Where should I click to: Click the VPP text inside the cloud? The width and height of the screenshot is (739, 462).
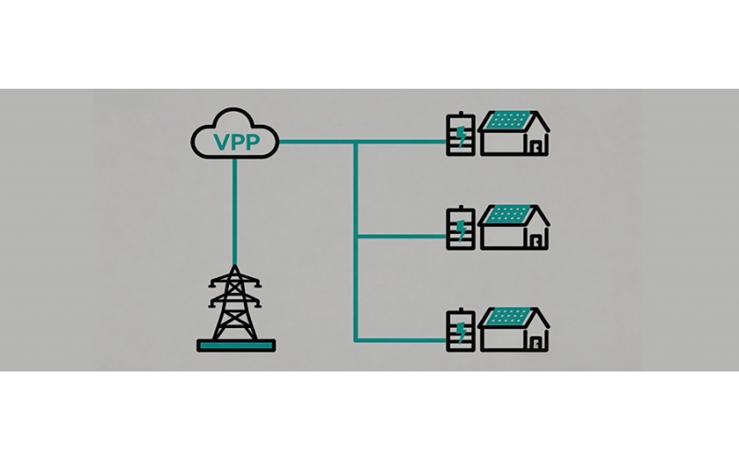pyautogui.click(x=236, y=142)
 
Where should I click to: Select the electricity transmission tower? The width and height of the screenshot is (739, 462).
pyautogui.click(x=236, y=303)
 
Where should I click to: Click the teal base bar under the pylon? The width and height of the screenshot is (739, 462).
pyautogui.click(x=236, y=346)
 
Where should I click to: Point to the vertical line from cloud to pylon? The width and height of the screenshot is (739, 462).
pyautogui.click(x=235, y=212)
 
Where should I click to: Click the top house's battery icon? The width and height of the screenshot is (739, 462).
pyautogui.click(x=460, y=134)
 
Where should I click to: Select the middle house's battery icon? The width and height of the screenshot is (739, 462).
pyautogui.click(x=460, y=227)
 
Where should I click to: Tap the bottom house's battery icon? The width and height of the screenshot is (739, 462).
pyautogui.click(x=460, y=330)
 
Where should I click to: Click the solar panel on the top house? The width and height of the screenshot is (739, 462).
pyautogui.click(x=508, y=120)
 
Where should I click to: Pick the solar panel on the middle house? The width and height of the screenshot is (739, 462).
pyautogui.click(x=508, y=214)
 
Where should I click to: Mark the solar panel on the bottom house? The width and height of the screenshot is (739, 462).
pyautogui.click(x=508, y=316)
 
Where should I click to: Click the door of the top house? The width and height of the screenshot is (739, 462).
pyautogui.click(x=536, y=147)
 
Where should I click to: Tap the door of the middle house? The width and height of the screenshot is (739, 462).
pyautogui.click(x=536, y=241)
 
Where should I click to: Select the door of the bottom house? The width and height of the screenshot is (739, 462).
pyautogui.click(x=536, y=343)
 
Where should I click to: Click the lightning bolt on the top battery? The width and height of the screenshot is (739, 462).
pyautogui.click(x=461, y=136)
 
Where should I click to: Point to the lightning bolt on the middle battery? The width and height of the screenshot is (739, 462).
pyautogui.click(x=461, y=230)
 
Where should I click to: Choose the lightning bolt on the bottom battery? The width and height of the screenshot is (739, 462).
pyautogui.click(x=461, y=332)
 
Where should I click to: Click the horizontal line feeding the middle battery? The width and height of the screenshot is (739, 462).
pyautogui.click(x=402, y=236)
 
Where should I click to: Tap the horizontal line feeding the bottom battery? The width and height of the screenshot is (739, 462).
pyautogui.click(x=402, y=339)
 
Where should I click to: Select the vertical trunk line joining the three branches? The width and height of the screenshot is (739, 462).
pyautogui.click(x=356, y=241)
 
